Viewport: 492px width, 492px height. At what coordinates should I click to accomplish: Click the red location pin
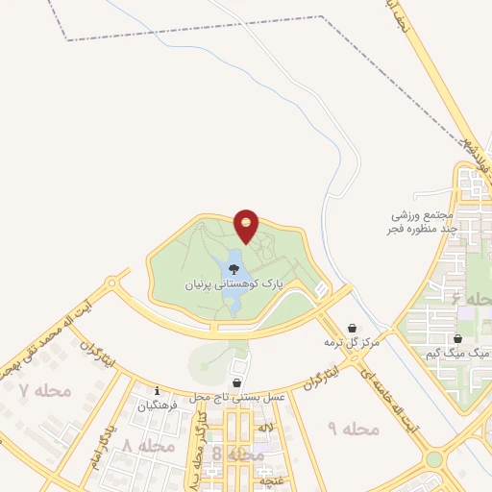[x=247, y=226]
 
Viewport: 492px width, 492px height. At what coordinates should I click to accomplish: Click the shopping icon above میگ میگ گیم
[x=458, y=339]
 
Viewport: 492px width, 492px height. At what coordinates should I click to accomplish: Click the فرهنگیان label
[x=159, y=406]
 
